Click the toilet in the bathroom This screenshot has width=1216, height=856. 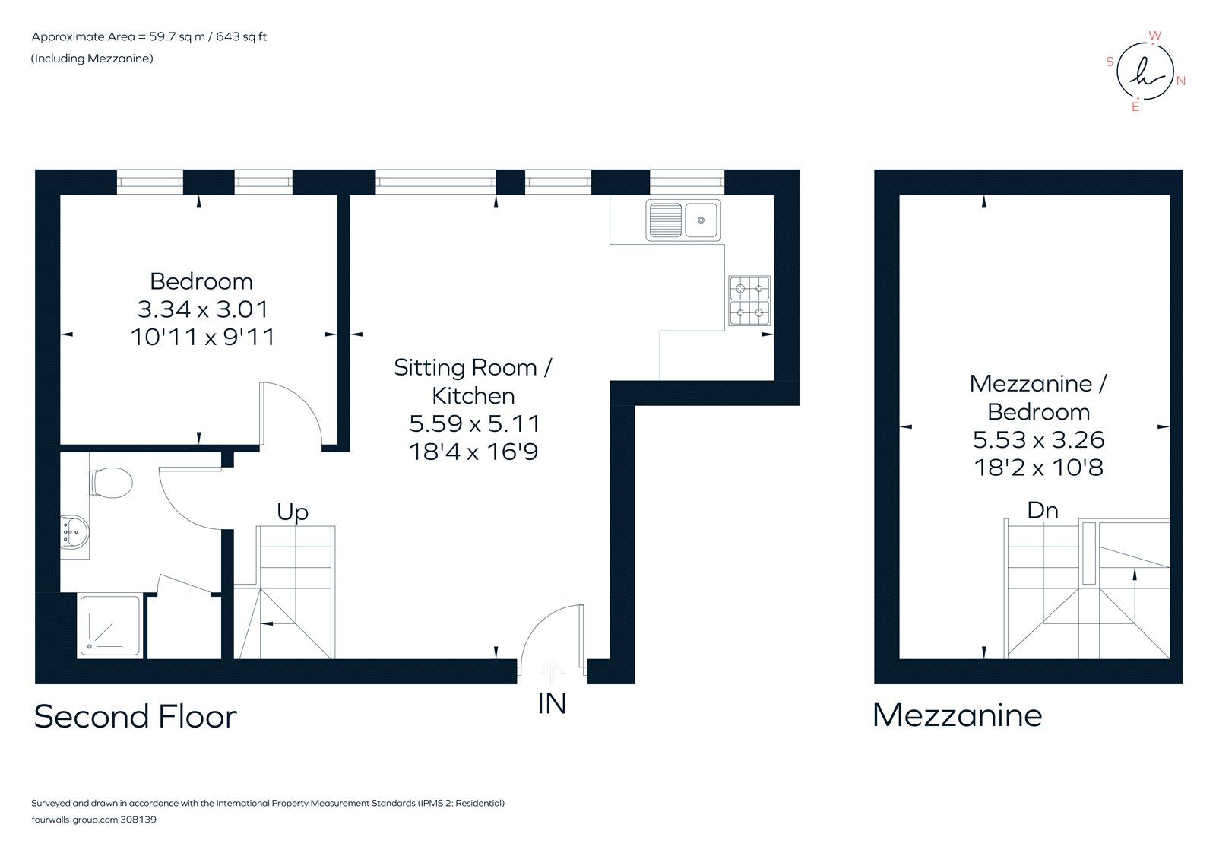click(112, 482)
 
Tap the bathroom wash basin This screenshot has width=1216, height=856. click(75, 531)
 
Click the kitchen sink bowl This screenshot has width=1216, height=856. click(701, 220)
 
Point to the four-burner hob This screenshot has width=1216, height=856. click(749, 301)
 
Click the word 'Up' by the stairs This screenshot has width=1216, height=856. click(293, 512)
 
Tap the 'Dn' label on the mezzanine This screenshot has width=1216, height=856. click(1042, 509)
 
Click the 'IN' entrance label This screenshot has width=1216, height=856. click(552, 704)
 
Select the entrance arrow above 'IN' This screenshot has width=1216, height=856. click(552, 673)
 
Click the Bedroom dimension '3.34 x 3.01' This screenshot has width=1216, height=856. click(202, 309)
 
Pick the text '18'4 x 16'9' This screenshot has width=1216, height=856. click(473, 452)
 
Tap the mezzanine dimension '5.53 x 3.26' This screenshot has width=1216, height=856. click(1038, 439)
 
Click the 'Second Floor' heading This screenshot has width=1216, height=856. click(135, 717)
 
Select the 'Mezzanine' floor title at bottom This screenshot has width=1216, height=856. click(957, 715)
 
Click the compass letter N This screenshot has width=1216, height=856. click(1180, 81)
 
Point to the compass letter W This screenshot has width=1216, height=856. click(1154, 36)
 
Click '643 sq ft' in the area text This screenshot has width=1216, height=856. click(241, 36)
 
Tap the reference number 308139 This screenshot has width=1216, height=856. click(138, 820)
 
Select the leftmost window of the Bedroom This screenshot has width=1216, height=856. click(150, 182)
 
